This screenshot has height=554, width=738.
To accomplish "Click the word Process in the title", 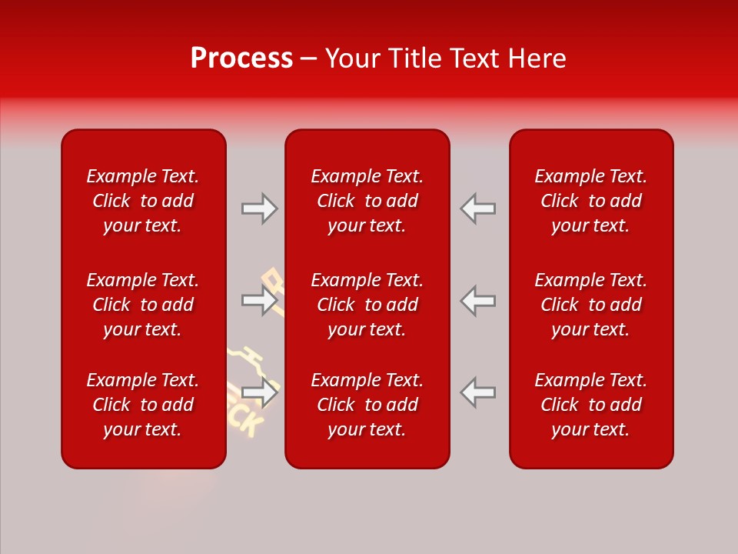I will [241, 58].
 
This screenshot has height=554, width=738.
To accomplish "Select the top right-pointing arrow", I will [259, 209].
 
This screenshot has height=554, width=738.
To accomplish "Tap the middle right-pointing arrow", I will [259, 300].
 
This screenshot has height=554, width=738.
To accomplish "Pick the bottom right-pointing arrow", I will [259, 392].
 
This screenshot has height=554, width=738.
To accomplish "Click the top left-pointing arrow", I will [477, 209].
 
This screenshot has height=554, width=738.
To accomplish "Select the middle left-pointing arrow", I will [477, 300].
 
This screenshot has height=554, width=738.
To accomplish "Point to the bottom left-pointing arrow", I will [477, 392].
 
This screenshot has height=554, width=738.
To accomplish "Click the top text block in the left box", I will [143, 201].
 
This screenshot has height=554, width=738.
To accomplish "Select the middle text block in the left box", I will [143, 305].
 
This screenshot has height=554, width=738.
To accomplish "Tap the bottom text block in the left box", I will [143, 405].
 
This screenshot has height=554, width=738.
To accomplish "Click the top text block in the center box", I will [367, 201].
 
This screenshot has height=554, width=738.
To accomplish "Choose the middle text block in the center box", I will [367, 305].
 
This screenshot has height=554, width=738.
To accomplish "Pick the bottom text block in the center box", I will [367, 405].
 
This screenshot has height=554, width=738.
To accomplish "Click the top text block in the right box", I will [590, 201].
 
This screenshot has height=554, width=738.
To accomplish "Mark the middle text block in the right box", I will [590, 305].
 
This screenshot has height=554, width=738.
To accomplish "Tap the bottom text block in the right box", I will [590, 405].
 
